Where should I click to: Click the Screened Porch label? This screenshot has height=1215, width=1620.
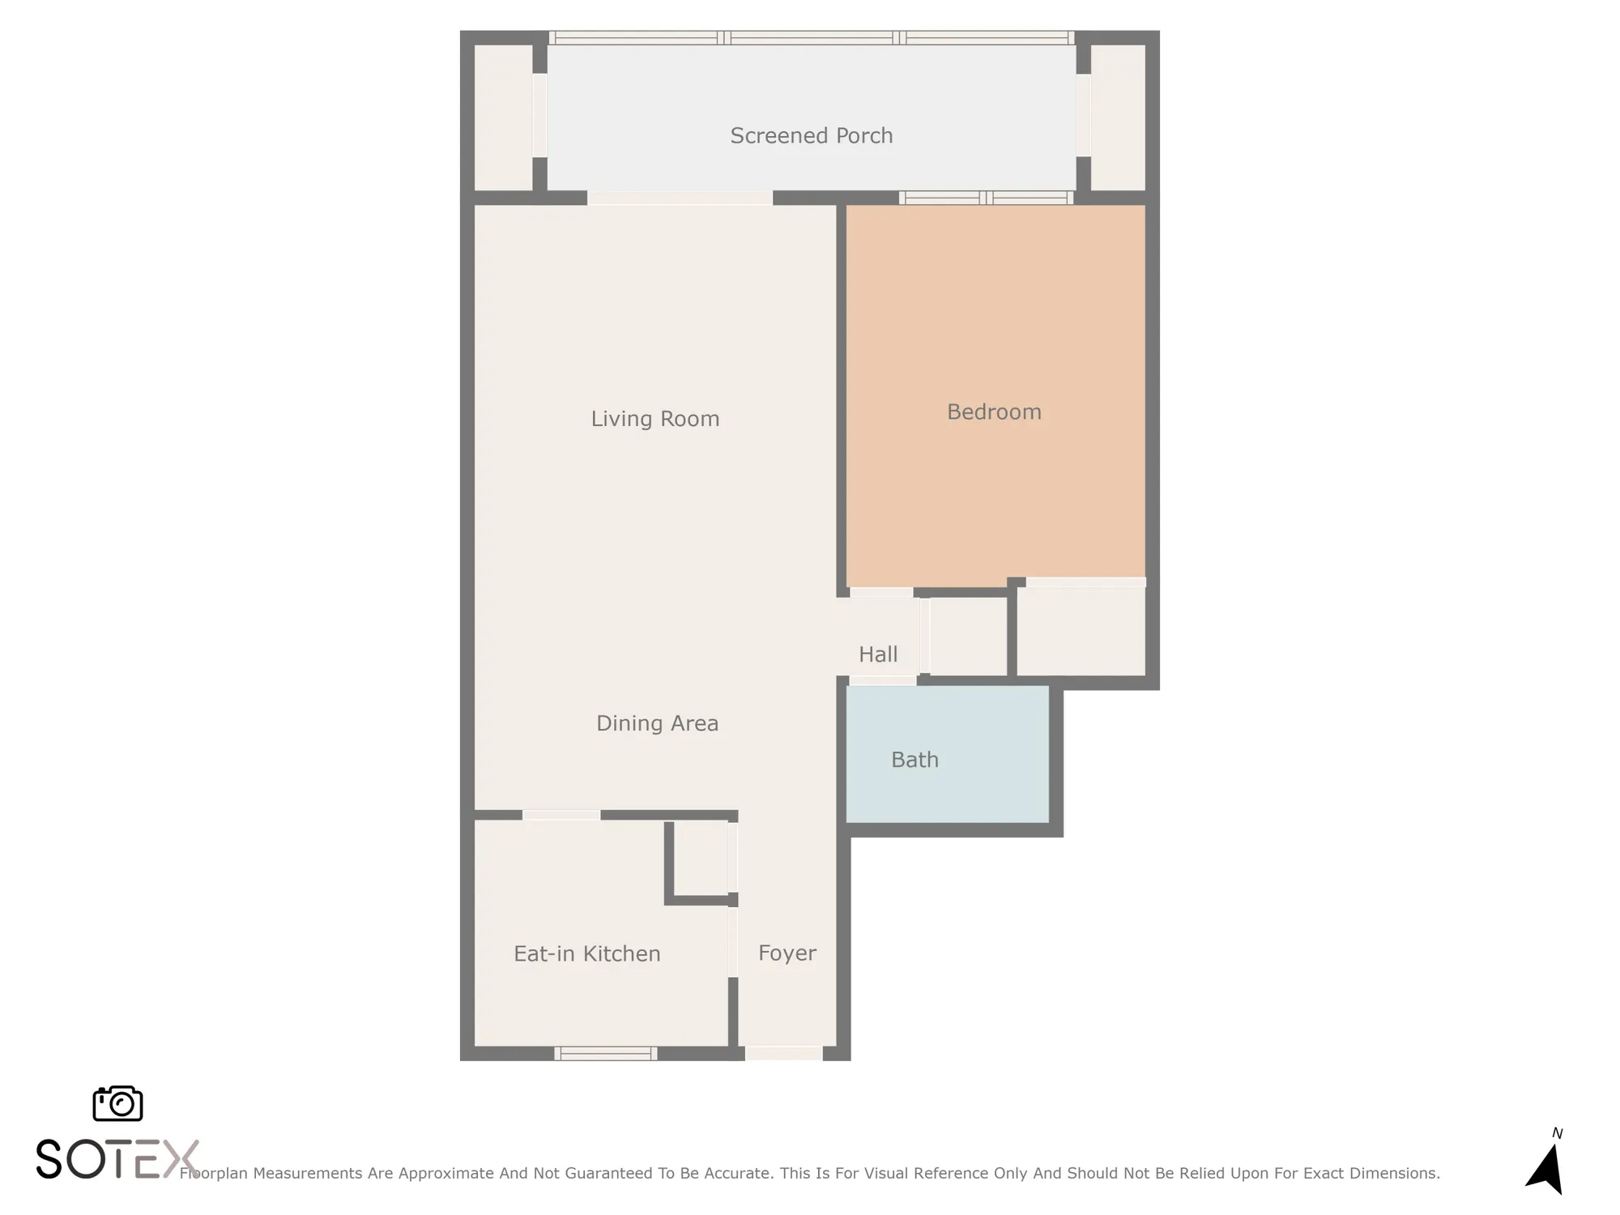pos(811,135)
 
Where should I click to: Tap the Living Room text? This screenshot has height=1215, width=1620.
pos(654,419)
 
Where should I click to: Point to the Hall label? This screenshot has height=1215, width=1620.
pos(878,654)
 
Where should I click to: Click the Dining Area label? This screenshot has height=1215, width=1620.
pos(657,723)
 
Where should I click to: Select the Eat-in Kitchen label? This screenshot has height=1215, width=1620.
pos(586,954)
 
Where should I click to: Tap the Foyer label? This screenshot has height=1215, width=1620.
pos(787,953)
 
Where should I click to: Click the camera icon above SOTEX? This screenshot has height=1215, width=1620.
pos(118,1104)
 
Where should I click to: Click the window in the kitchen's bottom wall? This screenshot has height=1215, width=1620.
pos(605,1053)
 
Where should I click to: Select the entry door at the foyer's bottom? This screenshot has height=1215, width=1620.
pos(783,1053)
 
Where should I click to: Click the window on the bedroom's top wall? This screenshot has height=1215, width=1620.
pos(986,198)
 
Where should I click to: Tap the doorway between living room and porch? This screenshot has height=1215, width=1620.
pos(679,198)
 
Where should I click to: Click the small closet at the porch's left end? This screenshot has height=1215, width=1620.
pos(502,117)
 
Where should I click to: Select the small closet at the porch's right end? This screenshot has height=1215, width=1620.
pos(1119,117)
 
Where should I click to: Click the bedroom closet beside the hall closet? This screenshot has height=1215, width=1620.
pos(1081,631)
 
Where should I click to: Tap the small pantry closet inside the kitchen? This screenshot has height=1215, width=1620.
pos(701,859)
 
